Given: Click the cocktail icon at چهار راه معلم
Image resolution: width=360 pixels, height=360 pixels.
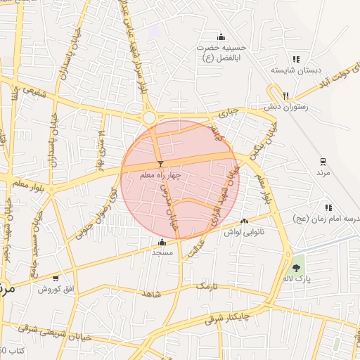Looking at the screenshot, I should pyautogui.click(x=161, y=164).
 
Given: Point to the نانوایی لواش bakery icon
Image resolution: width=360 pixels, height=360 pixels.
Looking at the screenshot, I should pyautogui.click(x=245, y=221).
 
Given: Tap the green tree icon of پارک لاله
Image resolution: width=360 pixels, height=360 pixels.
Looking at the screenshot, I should pyautogui.click(x=297, y=267).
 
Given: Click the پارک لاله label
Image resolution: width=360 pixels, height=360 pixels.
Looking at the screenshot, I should pyautogui.click(x=297, y=278).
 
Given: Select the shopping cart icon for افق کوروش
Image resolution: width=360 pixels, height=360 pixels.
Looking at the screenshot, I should pyautogui.click(x=56, y=278).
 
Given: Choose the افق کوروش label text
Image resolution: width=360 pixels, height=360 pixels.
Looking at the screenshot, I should pyautogui.click(x=56, y=289).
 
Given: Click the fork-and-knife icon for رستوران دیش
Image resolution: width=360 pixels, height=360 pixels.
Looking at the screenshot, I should pyautogui.click(x=285, y=96).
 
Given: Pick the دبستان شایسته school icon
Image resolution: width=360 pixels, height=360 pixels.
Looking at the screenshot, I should pyautogui.click(x=295, y=60).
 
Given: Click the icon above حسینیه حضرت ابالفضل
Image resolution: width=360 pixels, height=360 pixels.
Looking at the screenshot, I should pyautogui.click(x=221, y=37).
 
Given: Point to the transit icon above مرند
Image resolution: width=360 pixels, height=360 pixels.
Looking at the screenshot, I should pyautogui.click(x=323, y=161).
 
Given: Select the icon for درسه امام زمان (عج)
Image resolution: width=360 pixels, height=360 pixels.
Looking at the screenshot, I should pyautogui.click(x=328, y=207).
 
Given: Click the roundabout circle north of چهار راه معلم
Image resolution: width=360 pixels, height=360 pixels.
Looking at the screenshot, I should pyautogui.click(x=149, y=117).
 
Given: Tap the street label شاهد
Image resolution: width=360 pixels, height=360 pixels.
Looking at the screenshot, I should pyautogui.click(x=150, y=294).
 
